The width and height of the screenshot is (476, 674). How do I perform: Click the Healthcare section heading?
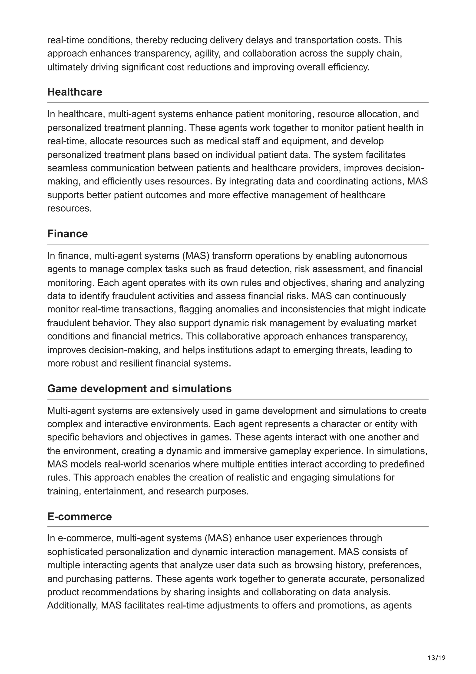[75, 92]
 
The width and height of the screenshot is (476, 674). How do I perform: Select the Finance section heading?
[67, 234]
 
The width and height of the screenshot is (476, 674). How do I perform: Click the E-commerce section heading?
[79, 516]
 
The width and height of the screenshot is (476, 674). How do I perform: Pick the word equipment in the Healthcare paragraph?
[304, 141]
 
